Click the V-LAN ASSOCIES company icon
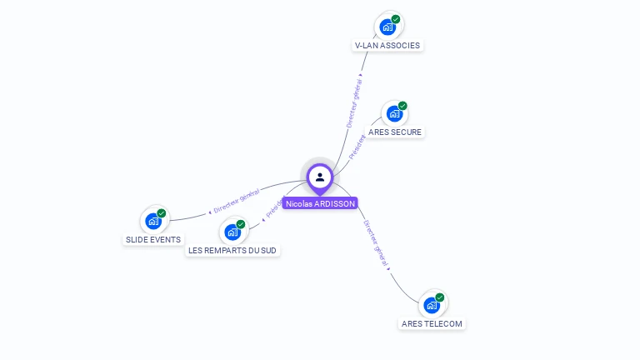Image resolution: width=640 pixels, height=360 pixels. pyautogui.click(x=387, y=27)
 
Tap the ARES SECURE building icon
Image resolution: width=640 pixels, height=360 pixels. pyautogui.click(x=394, y=113)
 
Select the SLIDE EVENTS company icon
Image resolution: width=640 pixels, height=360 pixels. pyautogui.click(x=153, y=221)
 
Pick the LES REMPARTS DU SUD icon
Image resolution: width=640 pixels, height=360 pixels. pyautogui.click(x=232, y=232)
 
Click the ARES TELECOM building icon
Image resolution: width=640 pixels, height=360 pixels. pyautogui.click(x=432, y=305)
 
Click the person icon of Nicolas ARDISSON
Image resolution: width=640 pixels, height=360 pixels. pyautogui.click(x=320, y=177)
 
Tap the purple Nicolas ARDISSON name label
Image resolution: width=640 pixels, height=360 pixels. pyautogui.click(x=320, y=203)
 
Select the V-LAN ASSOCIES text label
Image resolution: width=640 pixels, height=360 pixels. pyautogui.click(x=387, y=45)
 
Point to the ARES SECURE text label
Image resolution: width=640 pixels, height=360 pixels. pyautogui.click(x=395, y=132)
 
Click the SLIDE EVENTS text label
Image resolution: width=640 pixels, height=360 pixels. pyautogui.click(x=153, y=239)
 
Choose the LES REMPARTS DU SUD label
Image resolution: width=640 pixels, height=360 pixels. pyautogui.click(x=232, y=250)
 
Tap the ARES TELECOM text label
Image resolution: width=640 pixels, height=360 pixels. pyautogui.click(x=432, y=323)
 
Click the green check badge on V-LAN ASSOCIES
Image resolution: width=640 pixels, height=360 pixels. pyautogui.click(x=396, y=19)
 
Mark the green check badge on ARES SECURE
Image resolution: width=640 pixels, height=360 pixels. pyautogui.click(x=402, y=106)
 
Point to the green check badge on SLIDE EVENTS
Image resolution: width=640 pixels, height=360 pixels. pyautogui.click(x=162, y=213)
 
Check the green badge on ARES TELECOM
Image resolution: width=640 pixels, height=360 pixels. pyautogui.click(x=440, y=297)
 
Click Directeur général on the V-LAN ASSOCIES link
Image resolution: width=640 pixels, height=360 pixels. pyautogui.click(x=355, y=101)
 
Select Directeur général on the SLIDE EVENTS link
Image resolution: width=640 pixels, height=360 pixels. pyautogui.click(x=234, y=201)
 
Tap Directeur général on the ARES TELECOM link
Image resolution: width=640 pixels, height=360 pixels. pyautogui.click(x=377, y=244)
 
